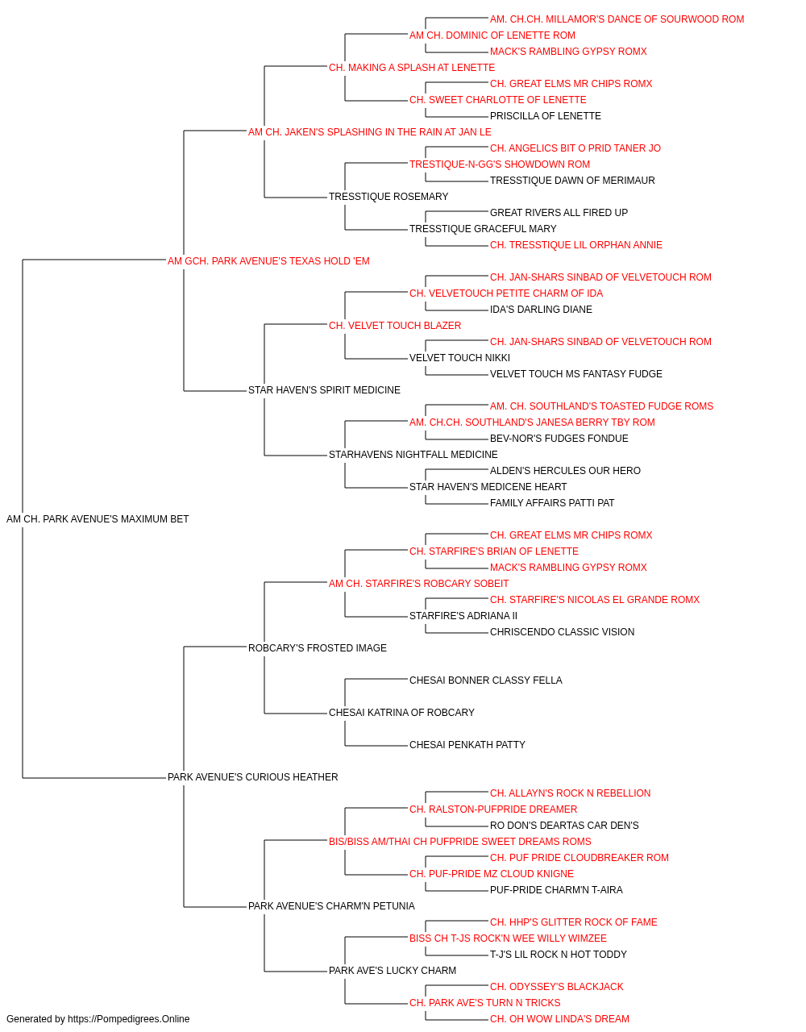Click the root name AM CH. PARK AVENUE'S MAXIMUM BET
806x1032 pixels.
pyautogui.click(x=98, y=519)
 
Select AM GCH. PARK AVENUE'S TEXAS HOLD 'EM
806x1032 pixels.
pyautogui.click(x=268, y=261)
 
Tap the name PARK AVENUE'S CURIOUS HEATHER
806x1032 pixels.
pyautogui.click(x=252, y=777)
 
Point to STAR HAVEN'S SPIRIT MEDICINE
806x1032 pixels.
pyautogui.click(x=324, y=390)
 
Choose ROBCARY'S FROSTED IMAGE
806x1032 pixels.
pyautogui.click(x=317, y=648)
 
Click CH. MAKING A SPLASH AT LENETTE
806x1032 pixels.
pyautogui.click(x=412, y=68)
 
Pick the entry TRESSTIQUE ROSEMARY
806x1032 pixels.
pyautogui.click(x=388, y=197)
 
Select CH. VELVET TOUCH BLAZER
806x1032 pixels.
pyautogui.click(x=395, y=326)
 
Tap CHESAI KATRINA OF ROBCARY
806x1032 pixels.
pyautogui.click(x=401, y=713)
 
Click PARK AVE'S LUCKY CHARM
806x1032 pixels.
pyautogui.click(x=392, y=971)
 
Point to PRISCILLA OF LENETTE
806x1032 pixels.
pyautogui.click(x=546, y=116)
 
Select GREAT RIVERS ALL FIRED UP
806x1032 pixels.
pyautogui.click(x=559, y=213)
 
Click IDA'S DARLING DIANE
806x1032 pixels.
pyautogui.click(x=541, y=310)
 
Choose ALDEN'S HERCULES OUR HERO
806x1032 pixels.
pyautogui.click(x=565, y=471)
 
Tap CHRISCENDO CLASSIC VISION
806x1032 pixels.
pyautogui.click(x=562, y=632)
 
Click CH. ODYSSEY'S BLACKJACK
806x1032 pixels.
pyautogui.click(x=556, y=987)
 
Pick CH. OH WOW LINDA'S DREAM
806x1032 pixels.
pyautogui.click(x=559, y=1019)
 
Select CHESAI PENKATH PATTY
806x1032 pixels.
pyautogui.click(x=467, y=745)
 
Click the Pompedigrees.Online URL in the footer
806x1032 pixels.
pyautogui.click(x=129, y=1019)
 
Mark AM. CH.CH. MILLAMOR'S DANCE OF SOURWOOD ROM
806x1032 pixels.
pyautogui.click(x=617, y=19)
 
